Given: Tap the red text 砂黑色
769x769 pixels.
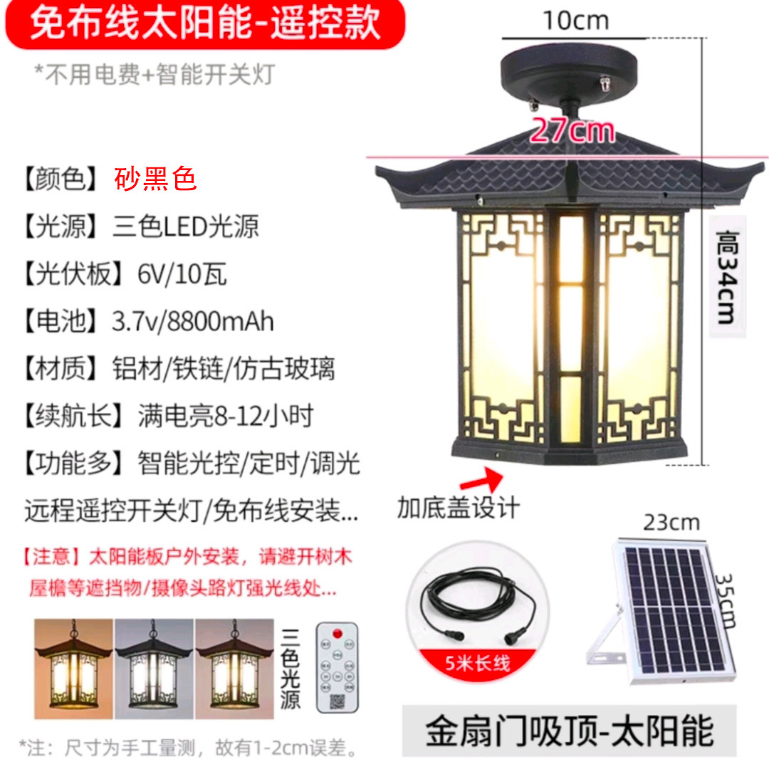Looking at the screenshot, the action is [x=155, y=179].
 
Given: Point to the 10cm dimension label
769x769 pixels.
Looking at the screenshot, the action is [x=576, y=21].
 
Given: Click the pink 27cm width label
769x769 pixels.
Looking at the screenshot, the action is [x=572, y=130].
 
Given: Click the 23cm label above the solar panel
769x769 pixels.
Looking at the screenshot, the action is [x=671, y=523].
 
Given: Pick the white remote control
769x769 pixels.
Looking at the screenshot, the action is [x=338, y=667].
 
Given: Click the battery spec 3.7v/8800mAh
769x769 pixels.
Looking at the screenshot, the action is [x=193, y=321].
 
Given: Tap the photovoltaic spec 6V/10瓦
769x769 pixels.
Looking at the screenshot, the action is [x=182, y=274].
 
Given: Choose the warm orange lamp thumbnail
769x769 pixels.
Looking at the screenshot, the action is [x=73, y=669].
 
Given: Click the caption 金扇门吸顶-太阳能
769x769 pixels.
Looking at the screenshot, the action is [x=570, y=731].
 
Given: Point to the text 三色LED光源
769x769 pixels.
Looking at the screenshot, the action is [x=186, y=226].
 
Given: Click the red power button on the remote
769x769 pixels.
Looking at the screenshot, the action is [x=350, y=629].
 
